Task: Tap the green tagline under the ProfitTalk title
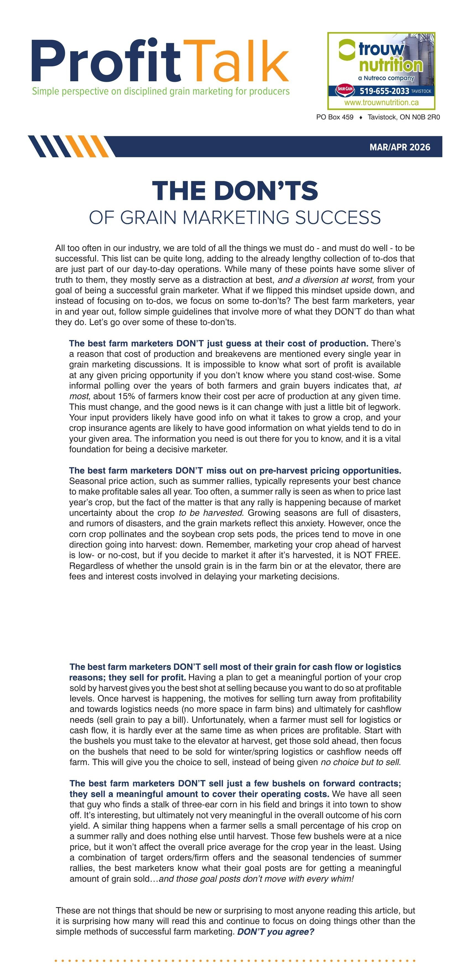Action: point(161,91)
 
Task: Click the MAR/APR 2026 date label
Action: point(399,147)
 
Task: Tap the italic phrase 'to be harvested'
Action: point(210,513)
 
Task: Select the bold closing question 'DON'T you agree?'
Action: point(275,932)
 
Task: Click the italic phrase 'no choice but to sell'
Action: point(360,762)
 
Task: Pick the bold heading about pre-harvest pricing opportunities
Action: point(235,471)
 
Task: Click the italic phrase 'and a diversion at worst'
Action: point(325,280)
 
